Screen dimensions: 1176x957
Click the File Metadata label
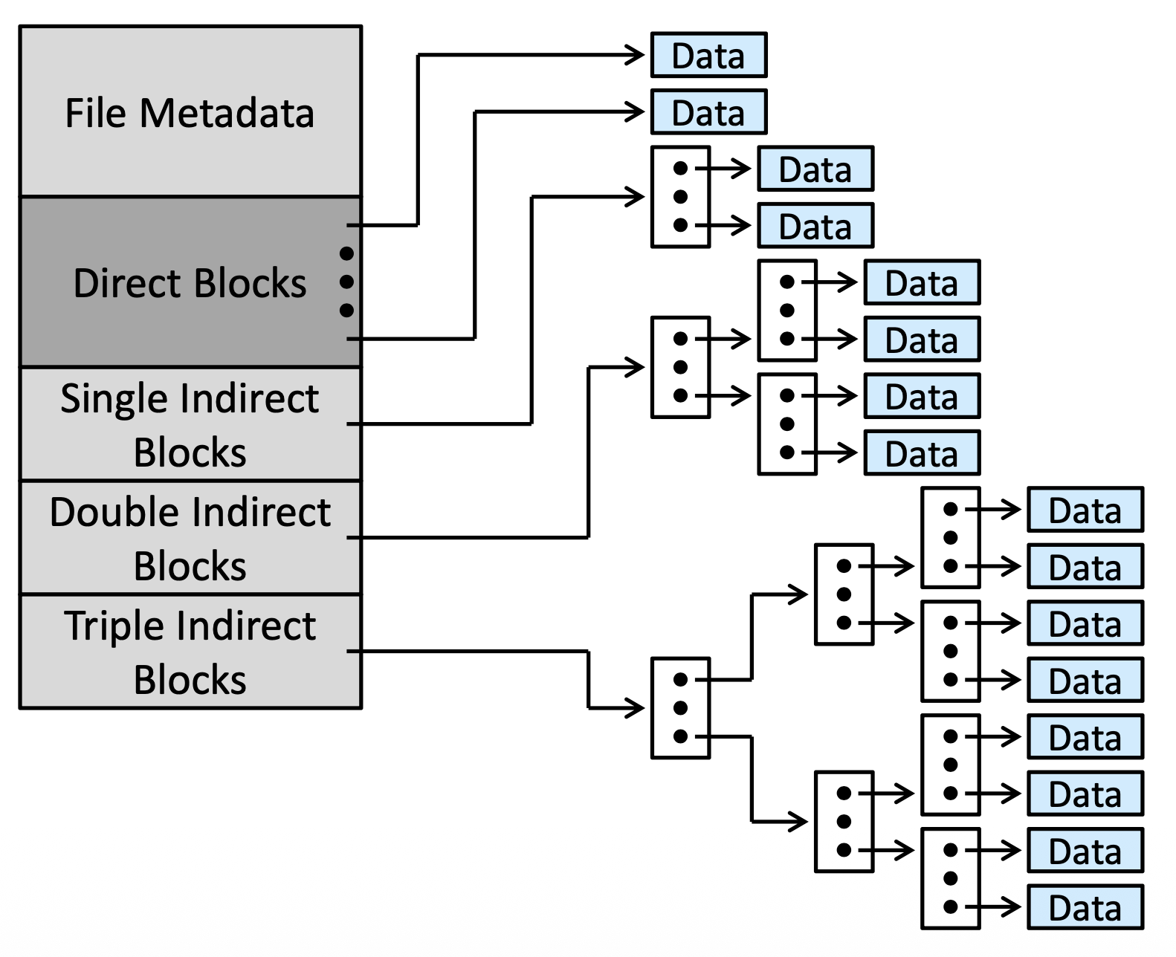pyautogui.click(x=190, y=113)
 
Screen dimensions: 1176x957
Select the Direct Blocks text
pyautogui.click(x=190, y=283)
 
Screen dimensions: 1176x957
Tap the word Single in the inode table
pyautogui.click(x=114, y=399)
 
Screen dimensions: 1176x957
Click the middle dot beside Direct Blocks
pyautogui.click(x=346, y=282)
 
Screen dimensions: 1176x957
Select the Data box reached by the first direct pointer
pyautogui.click(x=709, y=55)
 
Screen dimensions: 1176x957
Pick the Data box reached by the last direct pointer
pyautogui.click(x=709, y=112)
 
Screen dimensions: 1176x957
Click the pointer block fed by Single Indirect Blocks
pyautogui.click(x=680, y=197)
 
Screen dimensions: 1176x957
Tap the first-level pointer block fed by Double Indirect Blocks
pyautogui.click(x=680, y=368)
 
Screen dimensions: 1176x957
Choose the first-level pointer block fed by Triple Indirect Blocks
pyautogui.click(x=680, y=708)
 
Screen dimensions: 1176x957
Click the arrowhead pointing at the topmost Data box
pyautogui.click(x=635, y=55)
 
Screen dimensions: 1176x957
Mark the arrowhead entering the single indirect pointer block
pyautogui.click(x=635, y=197)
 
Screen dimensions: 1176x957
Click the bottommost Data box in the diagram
pyautogui.click(x=1085, y=907)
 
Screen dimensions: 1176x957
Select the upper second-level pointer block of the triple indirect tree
pyautogui.click(x=844, y=594)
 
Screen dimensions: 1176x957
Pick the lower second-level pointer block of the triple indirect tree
pyautogui.click(x=844, y=822)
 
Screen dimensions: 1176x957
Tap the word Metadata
pyautogui.click(x=227, y=113)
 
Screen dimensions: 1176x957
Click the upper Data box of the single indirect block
pyautogui.click(x=815, y=169)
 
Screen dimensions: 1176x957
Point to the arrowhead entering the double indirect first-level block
pyautogui.click(x=635, y=368)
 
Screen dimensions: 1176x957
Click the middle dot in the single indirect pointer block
pyautogui.click(x=680, y=197)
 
